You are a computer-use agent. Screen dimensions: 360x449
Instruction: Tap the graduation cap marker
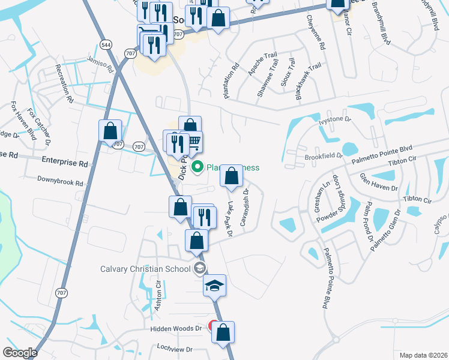[x=214, y=286]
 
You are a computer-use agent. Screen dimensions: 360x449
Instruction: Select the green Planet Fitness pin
[x=199, y=168]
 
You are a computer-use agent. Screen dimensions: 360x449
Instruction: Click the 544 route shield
[x=106, y=45]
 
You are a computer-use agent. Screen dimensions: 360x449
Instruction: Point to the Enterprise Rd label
[x=65, y=162]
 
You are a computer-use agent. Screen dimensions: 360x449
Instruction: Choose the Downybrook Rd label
[x=59, y=179]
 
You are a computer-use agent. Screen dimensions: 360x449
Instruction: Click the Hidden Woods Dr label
[x=175, y=329]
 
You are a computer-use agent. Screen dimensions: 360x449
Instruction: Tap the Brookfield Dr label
[x=322, y=156]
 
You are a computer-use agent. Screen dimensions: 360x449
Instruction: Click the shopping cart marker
[x=193, y=142]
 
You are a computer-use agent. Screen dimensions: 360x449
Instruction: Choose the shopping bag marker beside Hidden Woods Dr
[x=223, y=332]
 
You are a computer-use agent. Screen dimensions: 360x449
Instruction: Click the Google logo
[x=20, y=353]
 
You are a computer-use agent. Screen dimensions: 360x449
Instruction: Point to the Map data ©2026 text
[x=423, y=355]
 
